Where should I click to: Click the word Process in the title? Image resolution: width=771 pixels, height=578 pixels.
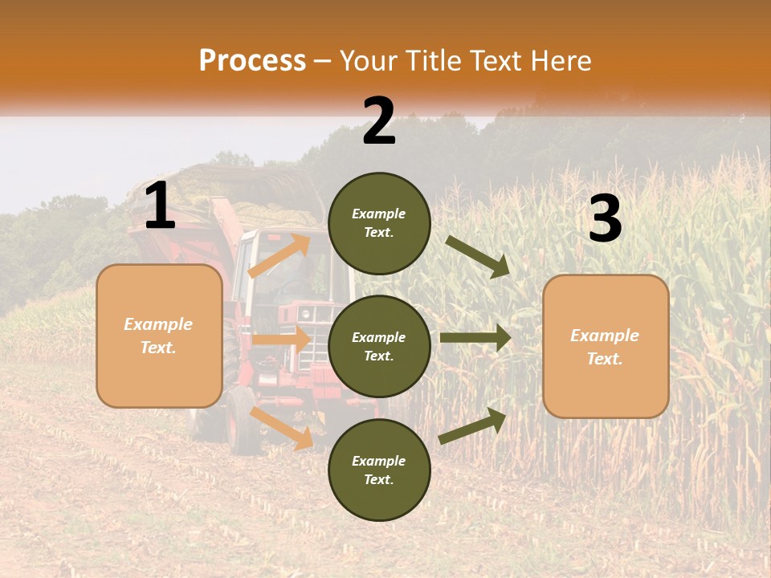pos(252,61)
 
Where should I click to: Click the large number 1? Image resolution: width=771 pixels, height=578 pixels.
pos(160,207)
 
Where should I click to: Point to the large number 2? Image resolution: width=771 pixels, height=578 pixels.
pos(379,121)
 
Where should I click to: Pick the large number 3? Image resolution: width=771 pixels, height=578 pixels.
pos(605,219)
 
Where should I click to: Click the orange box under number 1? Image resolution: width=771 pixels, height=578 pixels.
pos(159,336)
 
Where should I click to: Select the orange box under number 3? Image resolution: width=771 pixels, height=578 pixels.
pos(606,346)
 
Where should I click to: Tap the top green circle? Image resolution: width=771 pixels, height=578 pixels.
pos(379,223)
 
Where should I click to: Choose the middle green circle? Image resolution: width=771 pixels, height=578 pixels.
pos(379,346)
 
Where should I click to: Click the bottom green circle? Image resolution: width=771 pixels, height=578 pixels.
pos(379,470)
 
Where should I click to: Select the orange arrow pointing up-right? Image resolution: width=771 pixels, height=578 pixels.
pos(279,255)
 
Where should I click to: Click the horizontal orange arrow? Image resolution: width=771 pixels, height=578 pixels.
pos(281,340)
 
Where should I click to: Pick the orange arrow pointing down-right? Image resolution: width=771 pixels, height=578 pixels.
pos(282,428)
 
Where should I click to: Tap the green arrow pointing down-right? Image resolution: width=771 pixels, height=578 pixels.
pos(479,256)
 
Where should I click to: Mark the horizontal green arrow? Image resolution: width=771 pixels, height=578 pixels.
pos(475,338)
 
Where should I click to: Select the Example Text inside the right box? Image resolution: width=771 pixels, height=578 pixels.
pos(605,347)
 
